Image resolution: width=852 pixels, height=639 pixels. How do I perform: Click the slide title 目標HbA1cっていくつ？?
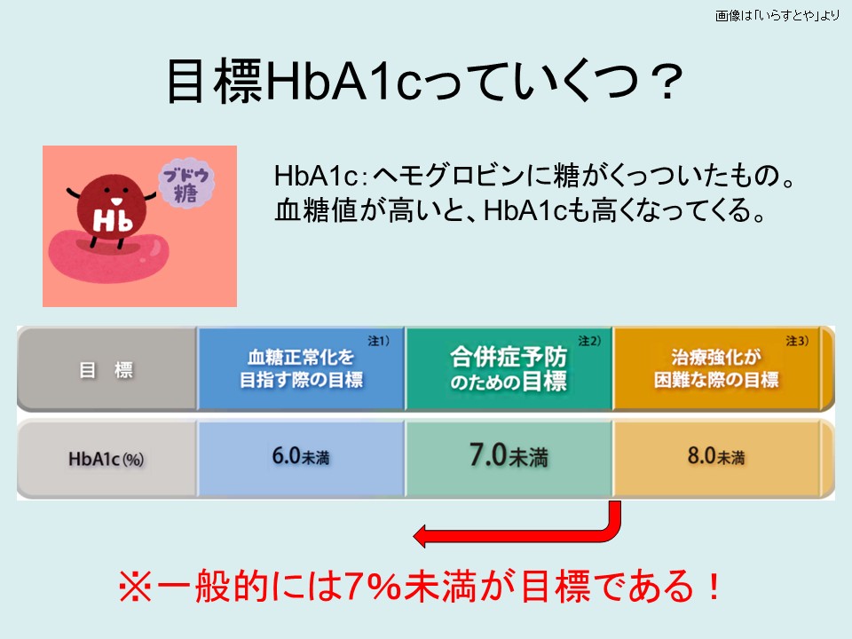(x=424, y=82)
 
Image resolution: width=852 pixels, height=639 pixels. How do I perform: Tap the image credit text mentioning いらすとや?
(x=777, y=15)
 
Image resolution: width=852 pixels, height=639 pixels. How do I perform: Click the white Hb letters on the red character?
(x=113, y=220)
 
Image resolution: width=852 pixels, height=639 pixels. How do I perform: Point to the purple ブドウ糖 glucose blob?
(x=186, y=183)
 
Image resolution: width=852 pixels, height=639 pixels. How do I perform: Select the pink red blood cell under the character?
(x=108, y=256)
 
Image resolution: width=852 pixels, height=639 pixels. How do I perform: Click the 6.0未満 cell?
(x=301, y=459)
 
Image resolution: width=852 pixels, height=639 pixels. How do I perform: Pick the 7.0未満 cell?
(x=509, y=459)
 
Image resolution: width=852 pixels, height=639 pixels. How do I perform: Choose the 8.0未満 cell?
(x=716, y=459)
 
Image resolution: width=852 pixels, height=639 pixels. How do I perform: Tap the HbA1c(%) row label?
(x=106, y=459)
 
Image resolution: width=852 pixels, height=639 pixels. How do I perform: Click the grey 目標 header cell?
(x=106, y=369)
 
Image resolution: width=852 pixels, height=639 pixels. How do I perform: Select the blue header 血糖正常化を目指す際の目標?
(x=301, y=368)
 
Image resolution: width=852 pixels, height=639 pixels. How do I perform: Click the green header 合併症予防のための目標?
(x=509, y=368)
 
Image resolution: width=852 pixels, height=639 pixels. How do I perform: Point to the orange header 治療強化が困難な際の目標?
(x=716, y=368)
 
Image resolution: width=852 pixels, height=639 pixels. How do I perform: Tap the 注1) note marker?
(x=379, y=341)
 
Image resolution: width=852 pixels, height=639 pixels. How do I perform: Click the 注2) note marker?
(x=589, y=341)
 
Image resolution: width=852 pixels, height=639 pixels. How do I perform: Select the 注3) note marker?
(x=797, y=341)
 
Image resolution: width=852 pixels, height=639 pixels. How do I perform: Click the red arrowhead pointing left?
(x=422, y=536)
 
